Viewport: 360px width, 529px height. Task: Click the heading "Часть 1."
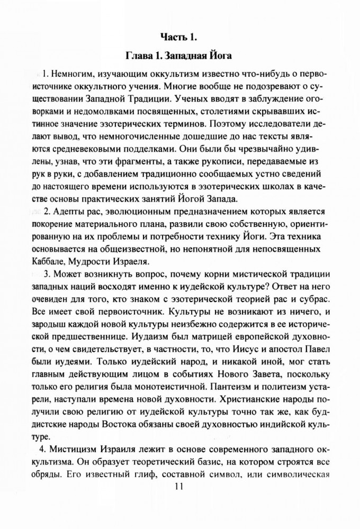pos(179,36)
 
